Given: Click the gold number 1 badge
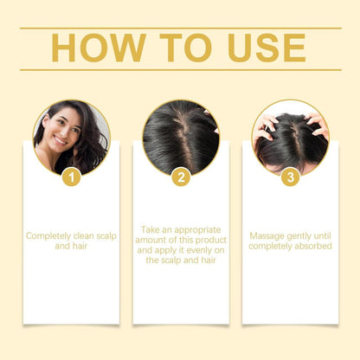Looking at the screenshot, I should click(72, 177).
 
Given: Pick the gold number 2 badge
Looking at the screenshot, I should click(181, 177).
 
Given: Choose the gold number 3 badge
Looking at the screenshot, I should click(290, 177).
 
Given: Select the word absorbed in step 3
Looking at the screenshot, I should click(309, 247).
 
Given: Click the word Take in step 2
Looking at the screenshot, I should click(151, 230).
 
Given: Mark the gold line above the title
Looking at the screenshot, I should click(180, 28).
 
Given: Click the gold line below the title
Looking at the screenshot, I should click(180, 70).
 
